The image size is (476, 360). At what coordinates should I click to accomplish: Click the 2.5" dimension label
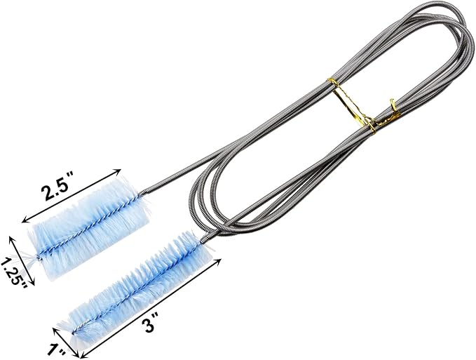(x=57, y=190)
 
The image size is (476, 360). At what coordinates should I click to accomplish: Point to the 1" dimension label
(x=57, y=350)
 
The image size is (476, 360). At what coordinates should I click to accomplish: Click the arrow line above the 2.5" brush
(x=72, y=196)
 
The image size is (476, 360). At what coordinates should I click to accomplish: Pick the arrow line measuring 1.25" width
(x=22, y=261)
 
